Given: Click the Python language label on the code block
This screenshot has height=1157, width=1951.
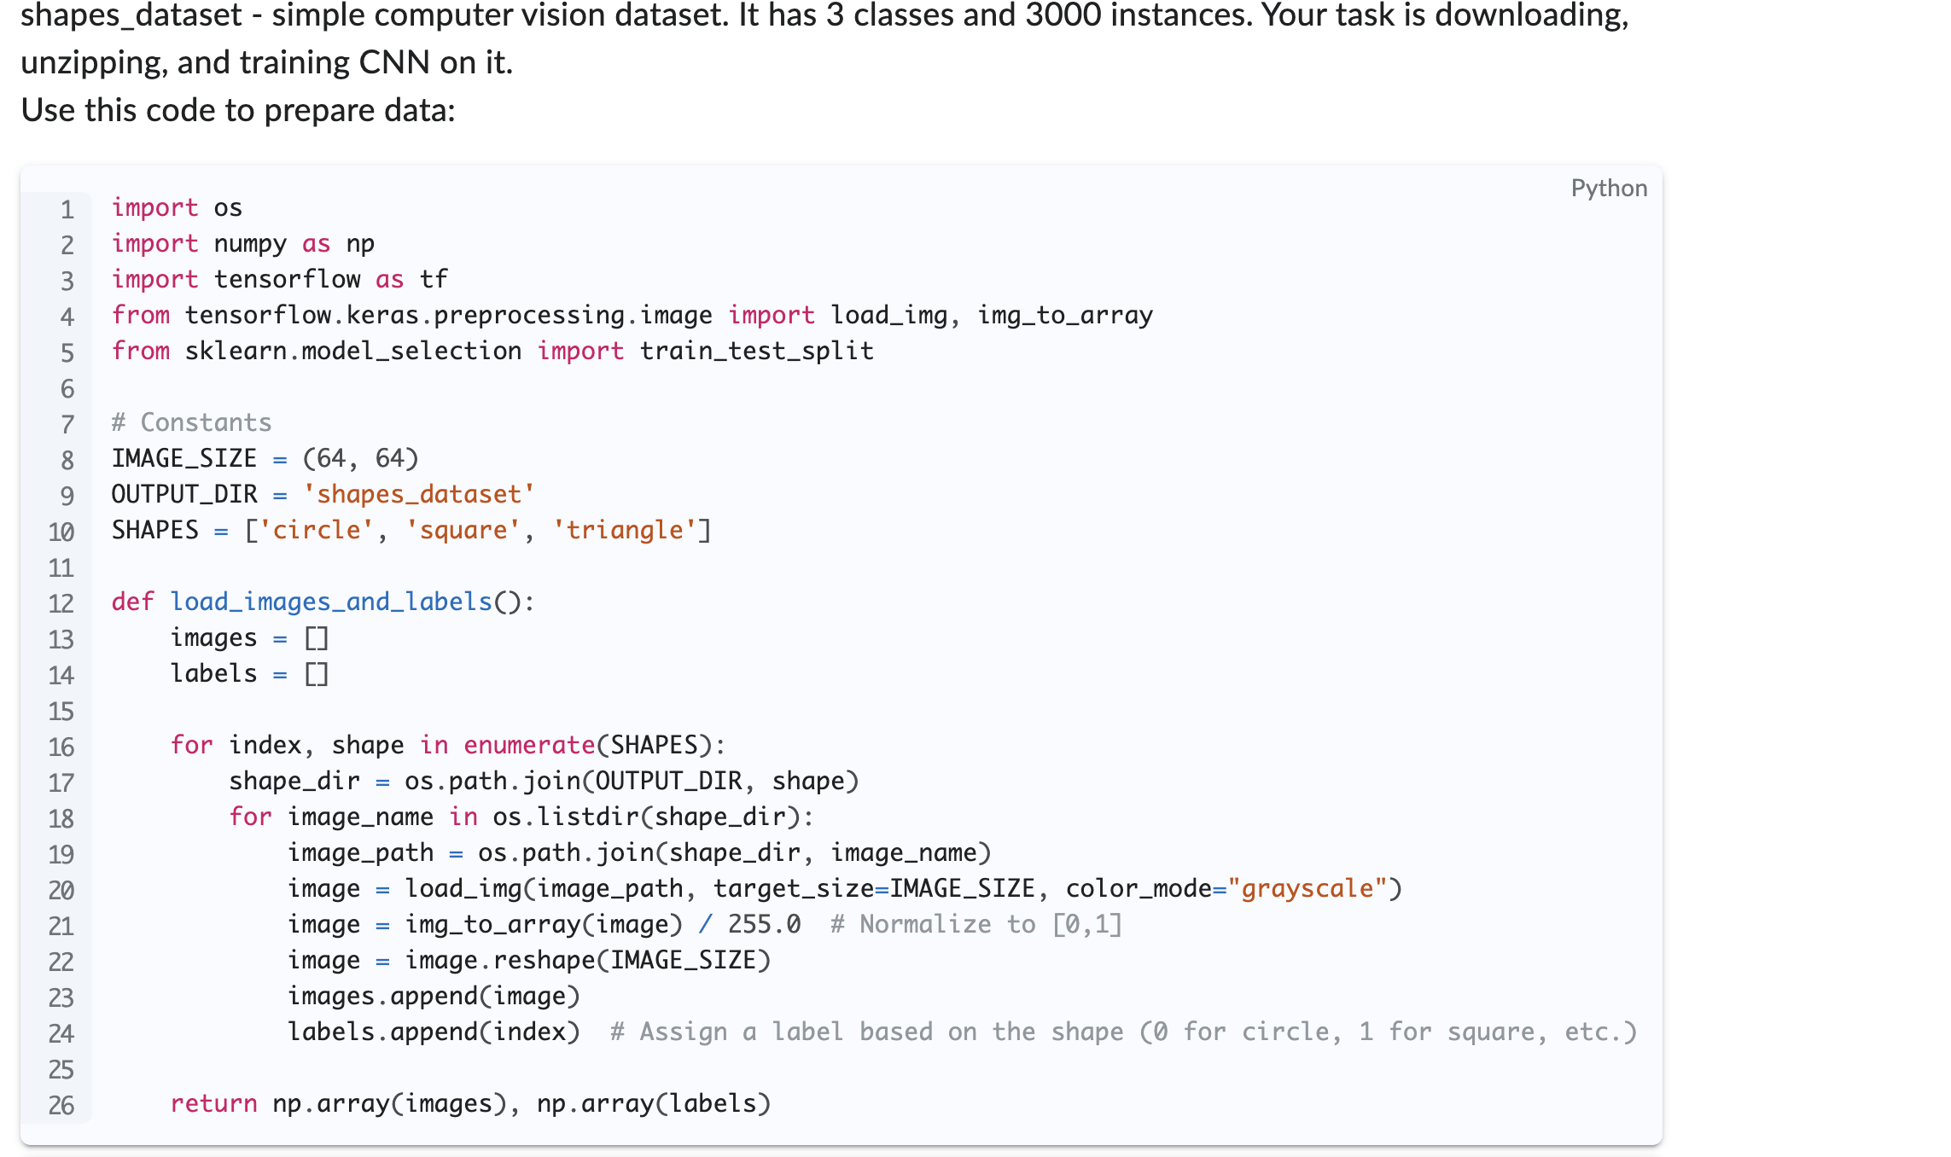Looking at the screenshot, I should click(1609, 189).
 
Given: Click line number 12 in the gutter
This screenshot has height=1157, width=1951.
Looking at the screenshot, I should click(61, 604).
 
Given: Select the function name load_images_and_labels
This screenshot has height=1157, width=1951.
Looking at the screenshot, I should click(331, 602).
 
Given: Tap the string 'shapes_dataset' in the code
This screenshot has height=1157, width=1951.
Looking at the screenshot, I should click(418, 495).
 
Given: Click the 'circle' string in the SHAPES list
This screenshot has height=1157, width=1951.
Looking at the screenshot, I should click(316, 531).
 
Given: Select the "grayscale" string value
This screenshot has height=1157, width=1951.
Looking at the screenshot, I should click(1307, 889).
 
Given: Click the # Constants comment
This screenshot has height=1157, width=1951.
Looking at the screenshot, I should click(191, 423).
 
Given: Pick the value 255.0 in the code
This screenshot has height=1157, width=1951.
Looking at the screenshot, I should click(764, 925).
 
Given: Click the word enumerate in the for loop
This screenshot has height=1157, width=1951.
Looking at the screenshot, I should click(529, 746).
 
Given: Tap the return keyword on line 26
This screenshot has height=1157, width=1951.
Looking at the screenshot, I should click(213, 1104).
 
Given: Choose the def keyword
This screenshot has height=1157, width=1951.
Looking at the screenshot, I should click(132, 602).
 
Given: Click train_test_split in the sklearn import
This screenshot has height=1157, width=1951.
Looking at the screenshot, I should click(756, 352).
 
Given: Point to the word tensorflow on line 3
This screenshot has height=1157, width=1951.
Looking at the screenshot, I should click(287, 280).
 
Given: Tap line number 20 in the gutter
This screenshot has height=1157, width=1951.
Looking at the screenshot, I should click(61, 891).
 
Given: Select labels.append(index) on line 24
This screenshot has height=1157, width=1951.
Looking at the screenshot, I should click(434, 1032).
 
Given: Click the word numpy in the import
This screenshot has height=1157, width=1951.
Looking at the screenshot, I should click(250, 244).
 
